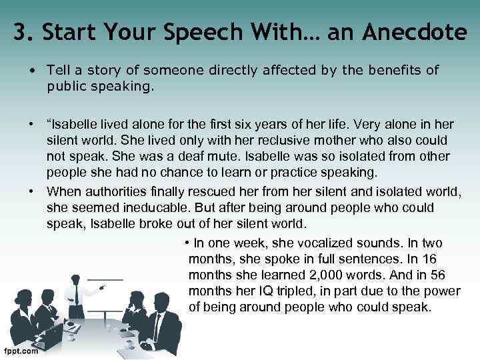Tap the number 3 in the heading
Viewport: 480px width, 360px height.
(x=20, y=32)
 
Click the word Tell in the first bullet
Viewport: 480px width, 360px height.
(x=58, y=70)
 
